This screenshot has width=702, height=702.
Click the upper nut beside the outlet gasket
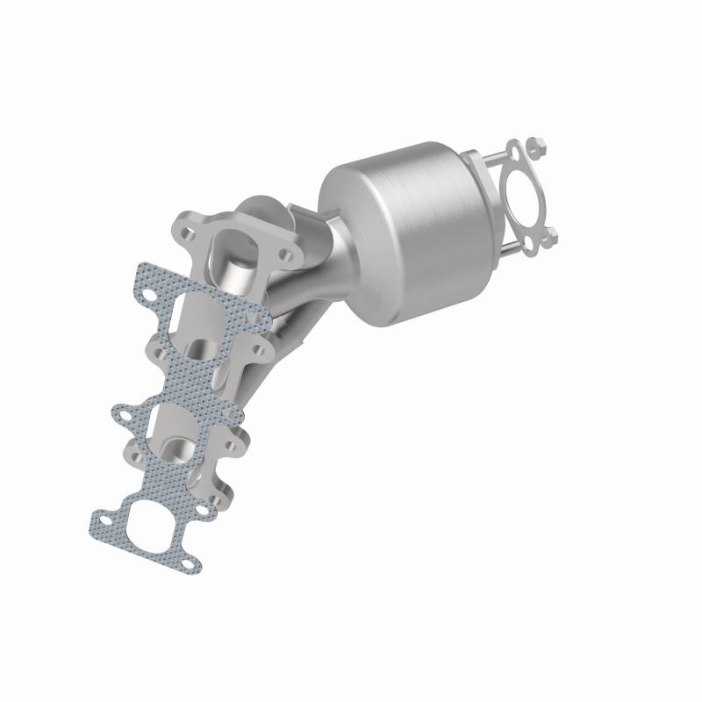[538, 144]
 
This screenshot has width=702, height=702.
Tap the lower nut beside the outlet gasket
[552, 235]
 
